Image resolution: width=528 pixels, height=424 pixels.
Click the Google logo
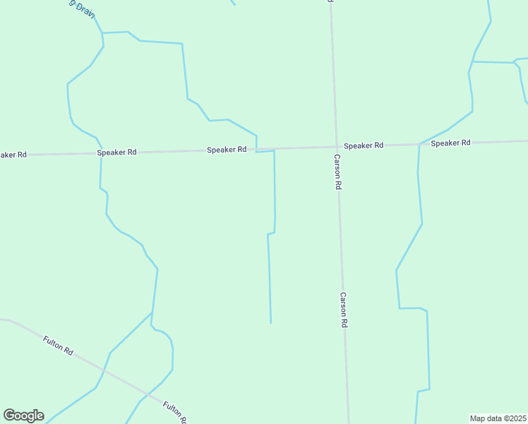23,416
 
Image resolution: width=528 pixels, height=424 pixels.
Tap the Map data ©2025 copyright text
498,418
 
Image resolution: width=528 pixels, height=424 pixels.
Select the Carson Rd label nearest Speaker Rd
338,172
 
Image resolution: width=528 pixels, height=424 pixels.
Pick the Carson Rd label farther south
344,310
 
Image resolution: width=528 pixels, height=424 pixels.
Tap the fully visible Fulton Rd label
58,346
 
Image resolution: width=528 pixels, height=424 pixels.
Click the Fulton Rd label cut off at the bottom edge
174,412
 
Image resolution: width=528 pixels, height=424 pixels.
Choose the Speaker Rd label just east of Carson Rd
364,146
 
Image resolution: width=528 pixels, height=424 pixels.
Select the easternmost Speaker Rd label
450,143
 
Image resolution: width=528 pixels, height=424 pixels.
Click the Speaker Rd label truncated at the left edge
13,154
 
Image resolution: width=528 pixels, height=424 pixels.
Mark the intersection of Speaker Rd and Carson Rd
336,147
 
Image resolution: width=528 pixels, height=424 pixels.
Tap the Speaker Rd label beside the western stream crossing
116,152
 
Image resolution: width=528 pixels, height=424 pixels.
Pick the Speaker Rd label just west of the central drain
227,150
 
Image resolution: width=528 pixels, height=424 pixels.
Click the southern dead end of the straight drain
270,323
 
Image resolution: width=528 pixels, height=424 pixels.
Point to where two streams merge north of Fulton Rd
152,312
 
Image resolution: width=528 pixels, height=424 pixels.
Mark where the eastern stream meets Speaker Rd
419,144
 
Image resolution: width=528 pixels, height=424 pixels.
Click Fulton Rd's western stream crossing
104,370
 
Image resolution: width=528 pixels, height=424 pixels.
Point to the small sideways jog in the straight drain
271,232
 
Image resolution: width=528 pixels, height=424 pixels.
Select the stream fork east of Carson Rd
472,61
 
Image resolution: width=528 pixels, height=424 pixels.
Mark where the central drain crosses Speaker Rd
256,149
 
